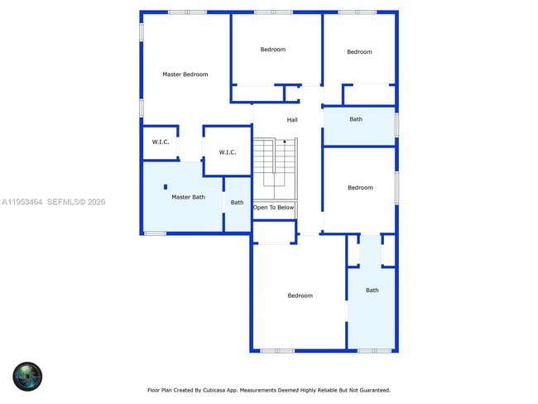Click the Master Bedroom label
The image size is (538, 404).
pyautogui.click(x=185, y=75)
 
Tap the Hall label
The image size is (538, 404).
pyautogui.click(x=292, y=120)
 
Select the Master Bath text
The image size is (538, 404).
pyautogui.click(x=188, y=197)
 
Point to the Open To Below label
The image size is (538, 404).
pyautogui.click(x=273, y=208)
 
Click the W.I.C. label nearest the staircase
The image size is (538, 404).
pyautogui.click(x=228, y=152)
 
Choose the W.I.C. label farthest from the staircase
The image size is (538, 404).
pyautogui.click(x=161, y=142)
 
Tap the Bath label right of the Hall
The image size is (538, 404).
pyautogui.click(x=356, y=119)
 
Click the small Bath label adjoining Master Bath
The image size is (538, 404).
pyautogui.click(x=237, y=203)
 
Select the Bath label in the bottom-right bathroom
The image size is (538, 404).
pyautogui.click(x=372, y=291)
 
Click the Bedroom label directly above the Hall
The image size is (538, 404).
pyautogui.click(x=272, y=50)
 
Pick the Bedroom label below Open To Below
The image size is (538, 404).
pyautogui.click(x=300, y=296)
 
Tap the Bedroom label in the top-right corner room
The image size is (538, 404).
pyautogui.click(x=359, y=52)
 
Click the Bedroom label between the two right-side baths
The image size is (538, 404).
pyautogui.click(x=360, y=188)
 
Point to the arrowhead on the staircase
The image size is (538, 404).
pyautogui.click(x=285, y=142)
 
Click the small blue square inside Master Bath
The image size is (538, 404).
pyautogui.click(x=166, y=186)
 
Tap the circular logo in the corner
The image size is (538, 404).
pyautogui.click(x=27, y=377)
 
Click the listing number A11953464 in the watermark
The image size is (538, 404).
pyautogui.click(x=22, y=202)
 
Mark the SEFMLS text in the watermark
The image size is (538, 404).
pyautogui.click(x=63, y=202)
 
